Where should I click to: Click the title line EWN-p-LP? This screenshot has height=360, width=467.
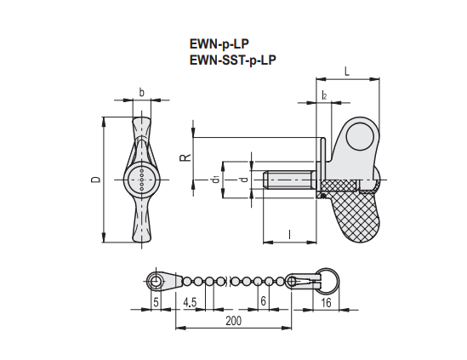pyautogui.click(x=219, y=44)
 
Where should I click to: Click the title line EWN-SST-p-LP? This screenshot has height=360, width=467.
pyautogui.click(x=233, y=60)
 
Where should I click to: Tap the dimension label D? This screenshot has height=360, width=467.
pyautogui.click(x=96, y=180)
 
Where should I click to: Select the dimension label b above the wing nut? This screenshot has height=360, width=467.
pyautogui.click(x=142, y=93)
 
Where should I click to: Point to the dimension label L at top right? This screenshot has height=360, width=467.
pyautogui.click(x=347, y=71)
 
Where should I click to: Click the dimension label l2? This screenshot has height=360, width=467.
pyautogui.click(x=324, y=95)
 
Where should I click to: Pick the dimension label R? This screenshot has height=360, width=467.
pyautogui.click(x=185, y=157)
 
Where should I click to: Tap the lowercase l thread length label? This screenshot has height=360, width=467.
pyautogui.click(x=290, y=235)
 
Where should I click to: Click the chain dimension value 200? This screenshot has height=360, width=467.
pyautogui.click(x=233, y=321)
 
